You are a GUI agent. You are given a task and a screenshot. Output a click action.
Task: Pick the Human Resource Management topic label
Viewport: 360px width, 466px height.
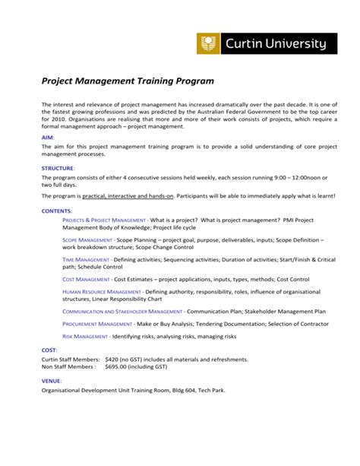point(101,292)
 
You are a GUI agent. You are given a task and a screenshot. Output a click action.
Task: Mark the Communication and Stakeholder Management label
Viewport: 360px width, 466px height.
point(122,312)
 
